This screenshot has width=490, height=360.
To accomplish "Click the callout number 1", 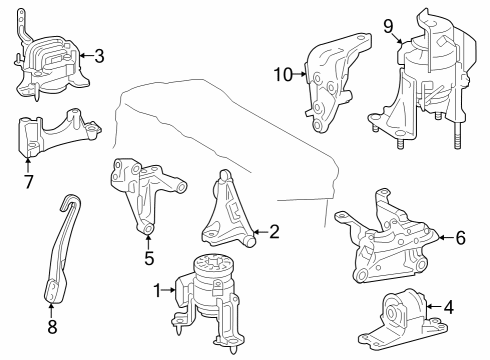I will [x=157, y=290].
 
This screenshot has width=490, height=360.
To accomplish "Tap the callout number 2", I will [x=274, y=230].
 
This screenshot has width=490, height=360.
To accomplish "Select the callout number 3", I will [x=99, y=56].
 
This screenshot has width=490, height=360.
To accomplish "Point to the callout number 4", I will [x=448, y=307].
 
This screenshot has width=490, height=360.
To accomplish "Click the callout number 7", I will [x=29, y=184].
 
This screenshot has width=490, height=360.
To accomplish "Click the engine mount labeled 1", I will [x=210, y=295].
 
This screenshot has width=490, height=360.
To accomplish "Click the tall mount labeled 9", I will [x=425, y=80].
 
